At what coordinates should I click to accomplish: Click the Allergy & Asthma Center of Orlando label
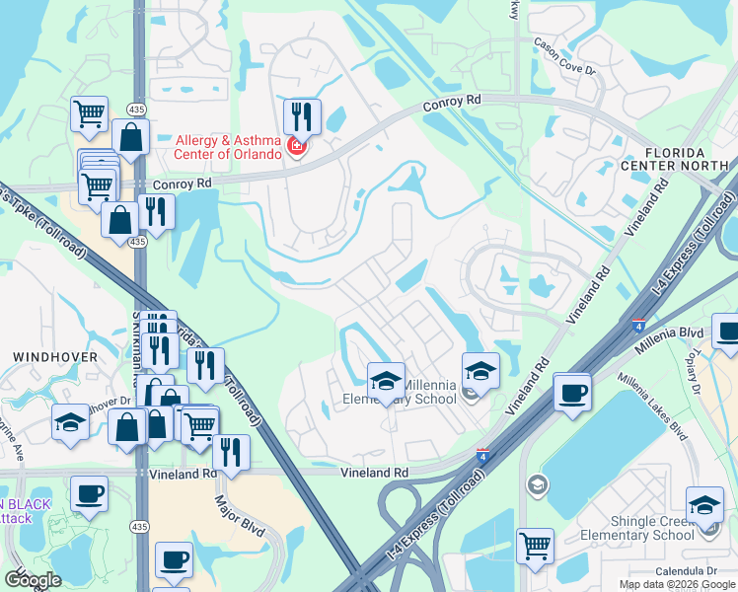[229, 147]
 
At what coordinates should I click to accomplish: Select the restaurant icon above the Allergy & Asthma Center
[302, 116]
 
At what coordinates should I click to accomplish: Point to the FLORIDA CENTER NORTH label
[688, 160]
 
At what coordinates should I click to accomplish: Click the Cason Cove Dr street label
[565, 56]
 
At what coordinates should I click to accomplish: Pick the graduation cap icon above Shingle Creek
[704, 504]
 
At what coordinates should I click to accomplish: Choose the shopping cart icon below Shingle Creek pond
[535, 545]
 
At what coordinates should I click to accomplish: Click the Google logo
[32, 580]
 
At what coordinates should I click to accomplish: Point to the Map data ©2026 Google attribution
[677, 584]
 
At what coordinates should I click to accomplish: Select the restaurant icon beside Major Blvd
[231, 453]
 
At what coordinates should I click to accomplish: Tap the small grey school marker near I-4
[537, 483]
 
